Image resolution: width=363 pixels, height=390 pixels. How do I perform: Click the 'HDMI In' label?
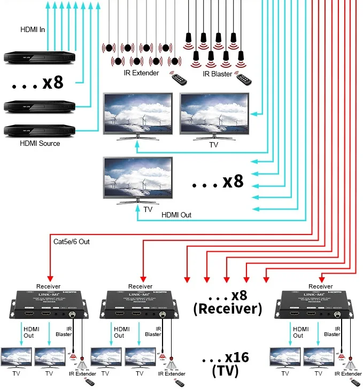pos(32,29)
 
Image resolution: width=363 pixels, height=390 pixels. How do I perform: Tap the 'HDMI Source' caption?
pos(40,143)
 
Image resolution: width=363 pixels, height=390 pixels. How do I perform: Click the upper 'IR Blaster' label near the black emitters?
pos(217,74)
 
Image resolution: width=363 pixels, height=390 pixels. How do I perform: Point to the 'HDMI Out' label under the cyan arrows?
pos(176,215)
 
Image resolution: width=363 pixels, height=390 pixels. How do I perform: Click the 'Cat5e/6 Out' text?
pos(72,241)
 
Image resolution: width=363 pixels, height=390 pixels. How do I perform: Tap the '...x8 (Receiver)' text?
pos(228,302)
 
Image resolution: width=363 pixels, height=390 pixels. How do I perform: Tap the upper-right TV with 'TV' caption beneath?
pos(214,115)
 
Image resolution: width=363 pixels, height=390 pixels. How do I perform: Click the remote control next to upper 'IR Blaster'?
pos(245,79)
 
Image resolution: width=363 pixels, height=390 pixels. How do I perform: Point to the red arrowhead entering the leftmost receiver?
pos(50,278)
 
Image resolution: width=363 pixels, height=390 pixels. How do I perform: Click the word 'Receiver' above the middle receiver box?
pos(140,286)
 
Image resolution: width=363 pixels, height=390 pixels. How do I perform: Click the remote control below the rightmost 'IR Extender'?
pos(357,384)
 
